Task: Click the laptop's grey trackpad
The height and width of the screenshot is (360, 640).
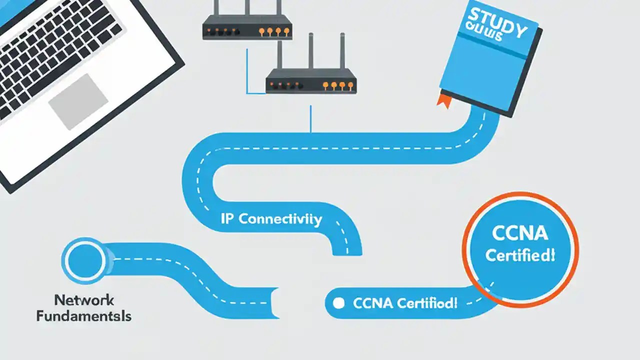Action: coord(78,101)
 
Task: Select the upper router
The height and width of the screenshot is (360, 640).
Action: coord(247,27)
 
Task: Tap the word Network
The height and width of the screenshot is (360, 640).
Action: coord(84,300)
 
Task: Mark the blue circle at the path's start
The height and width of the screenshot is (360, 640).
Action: coord(83,259)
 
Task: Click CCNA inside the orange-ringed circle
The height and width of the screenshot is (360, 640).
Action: coord(520,233)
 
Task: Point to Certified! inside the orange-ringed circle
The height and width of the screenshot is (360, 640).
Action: coord(520,255)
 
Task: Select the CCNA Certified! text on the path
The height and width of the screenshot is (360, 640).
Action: coord(405,303)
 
